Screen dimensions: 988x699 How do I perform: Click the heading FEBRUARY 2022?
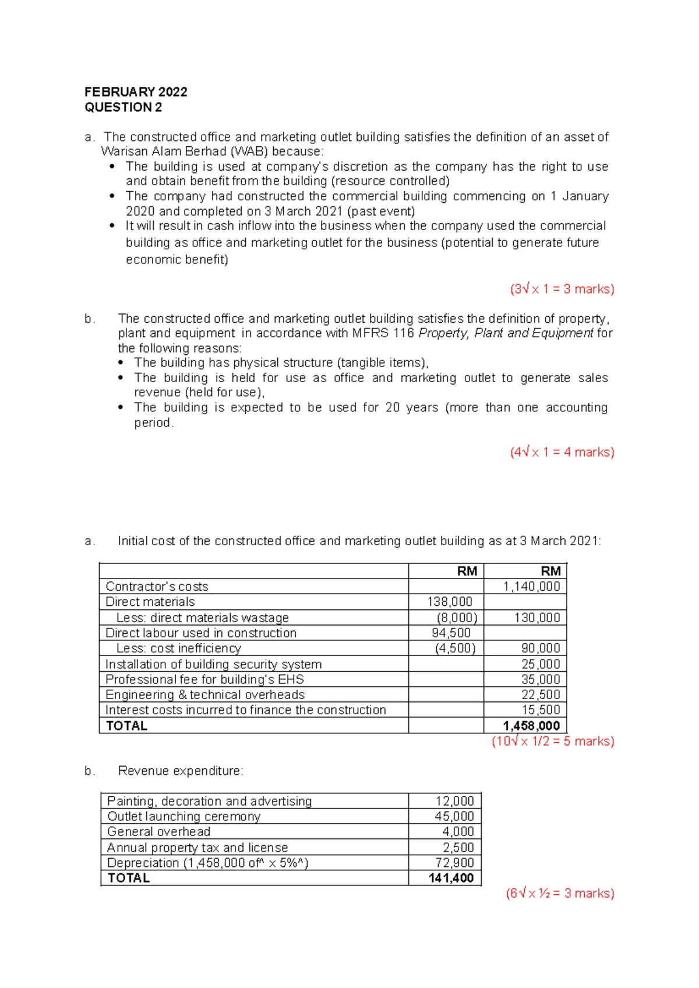(x=136, y=92)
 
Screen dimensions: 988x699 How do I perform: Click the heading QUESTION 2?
(x=123, y=107)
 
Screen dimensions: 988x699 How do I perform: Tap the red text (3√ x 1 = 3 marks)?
(x=562, y=289)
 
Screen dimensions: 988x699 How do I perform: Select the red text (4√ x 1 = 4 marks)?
(x=562, y=452)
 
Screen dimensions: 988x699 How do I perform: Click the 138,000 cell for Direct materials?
(x=450, y=602)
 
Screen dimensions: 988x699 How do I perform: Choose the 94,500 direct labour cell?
(x=451, y=633)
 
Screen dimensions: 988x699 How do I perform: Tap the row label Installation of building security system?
(x=213, y=664)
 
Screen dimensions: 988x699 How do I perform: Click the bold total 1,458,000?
(x=531, y=726)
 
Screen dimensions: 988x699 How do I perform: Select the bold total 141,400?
(x=451, y=878)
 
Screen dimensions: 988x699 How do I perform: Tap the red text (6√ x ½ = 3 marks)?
(x=560, y=894)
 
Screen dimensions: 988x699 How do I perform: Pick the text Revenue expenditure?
(x=181, y=771)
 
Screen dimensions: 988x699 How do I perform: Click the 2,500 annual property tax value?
(x=458, y=848)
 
